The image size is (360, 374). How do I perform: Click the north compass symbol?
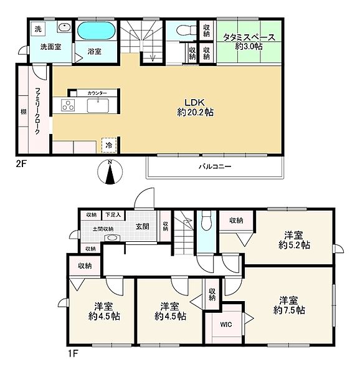[x=110, y=171]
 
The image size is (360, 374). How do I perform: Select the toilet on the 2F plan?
[x=187, y=31]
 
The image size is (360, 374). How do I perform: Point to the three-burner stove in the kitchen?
[x=68, y=105]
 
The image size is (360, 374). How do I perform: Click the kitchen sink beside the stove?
[x=98, y=105]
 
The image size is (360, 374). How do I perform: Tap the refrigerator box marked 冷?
[x=109, y=145]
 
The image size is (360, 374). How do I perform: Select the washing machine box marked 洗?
[x=38, y=29]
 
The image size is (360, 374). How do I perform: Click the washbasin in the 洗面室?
[x=64, y=27]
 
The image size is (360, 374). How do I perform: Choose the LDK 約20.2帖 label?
[x=195, y=107]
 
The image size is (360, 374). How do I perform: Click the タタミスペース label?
[x=249, y=37]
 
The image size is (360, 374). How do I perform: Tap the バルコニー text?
[x=215, y=166]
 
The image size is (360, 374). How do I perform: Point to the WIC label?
[x=226, y=324]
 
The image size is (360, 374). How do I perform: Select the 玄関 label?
[x=143, y=226]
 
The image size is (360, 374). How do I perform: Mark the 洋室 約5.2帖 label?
[x=294, y=240]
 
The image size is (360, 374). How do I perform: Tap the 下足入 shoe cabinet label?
[x=113, y=214]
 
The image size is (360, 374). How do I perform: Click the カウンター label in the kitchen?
[x=97, y=93]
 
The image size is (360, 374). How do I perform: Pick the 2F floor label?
[x=21, y=164]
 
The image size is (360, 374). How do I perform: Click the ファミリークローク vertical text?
[x=37, y=111]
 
